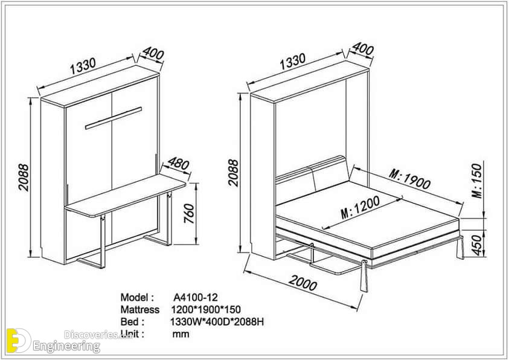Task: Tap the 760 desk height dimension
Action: [x=189, y=213]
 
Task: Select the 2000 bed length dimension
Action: [x=303, y=283]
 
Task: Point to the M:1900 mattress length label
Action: [x=410, y=179]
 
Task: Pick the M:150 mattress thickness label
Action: [x=477, y=181]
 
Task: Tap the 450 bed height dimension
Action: [x=477, y=245]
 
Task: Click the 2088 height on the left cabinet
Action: [x=24, y=178]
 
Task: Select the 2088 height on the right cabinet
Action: [x=233, y=173]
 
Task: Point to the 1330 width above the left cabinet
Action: [x=83, y=66]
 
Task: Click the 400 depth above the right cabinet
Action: [x=363, y=49]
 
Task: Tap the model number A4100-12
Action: [x=196, y=297]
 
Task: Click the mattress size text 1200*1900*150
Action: [x=206, y=309]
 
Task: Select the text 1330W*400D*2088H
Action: [x=217, y=322]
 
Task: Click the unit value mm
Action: [x=181, y=334]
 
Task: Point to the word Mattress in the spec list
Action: [x=140, y=309]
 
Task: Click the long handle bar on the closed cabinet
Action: [x=114, y=118]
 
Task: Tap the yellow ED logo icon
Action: [x=18, y=340]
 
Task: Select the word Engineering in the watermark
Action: [x=66, y=346]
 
